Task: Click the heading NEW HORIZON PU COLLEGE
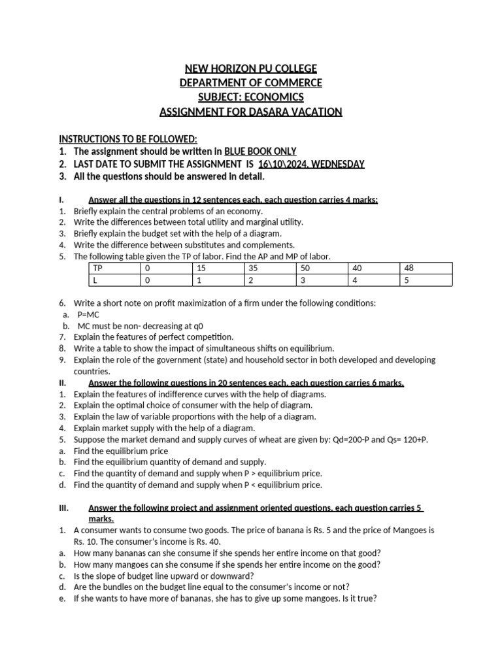coord(251,69)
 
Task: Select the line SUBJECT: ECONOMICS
coord(251,97)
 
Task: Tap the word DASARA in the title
coord(275,112)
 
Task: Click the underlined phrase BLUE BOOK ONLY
coord(260,152)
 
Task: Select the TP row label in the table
coord(98,269)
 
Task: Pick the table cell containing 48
coord(409,269)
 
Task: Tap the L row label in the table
coord(95,280)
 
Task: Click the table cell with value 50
coord(305,269)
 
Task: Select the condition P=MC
coord(89,314)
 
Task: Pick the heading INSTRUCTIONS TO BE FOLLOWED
coord(128,139)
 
